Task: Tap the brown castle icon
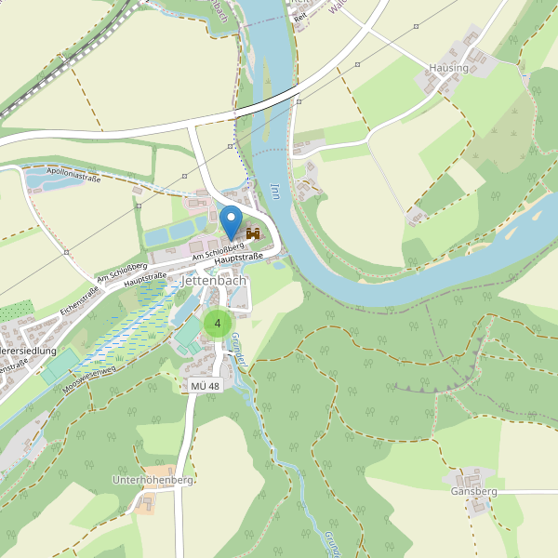pos(252,235)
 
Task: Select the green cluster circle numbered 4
pos(218,324)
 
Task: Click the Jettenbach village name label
pos(214,279)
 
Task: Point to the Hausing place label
pos(448,69)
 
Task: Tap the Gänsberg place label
pos(474,491)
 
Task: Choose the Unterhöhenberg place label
pos(152,480)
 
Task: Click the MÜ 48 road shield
pos(205,386)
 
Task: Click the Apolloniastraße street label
pos(73,175)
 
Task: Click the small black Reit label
pos(300,18)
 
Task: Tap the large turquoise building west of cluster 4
pos(190,333)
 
